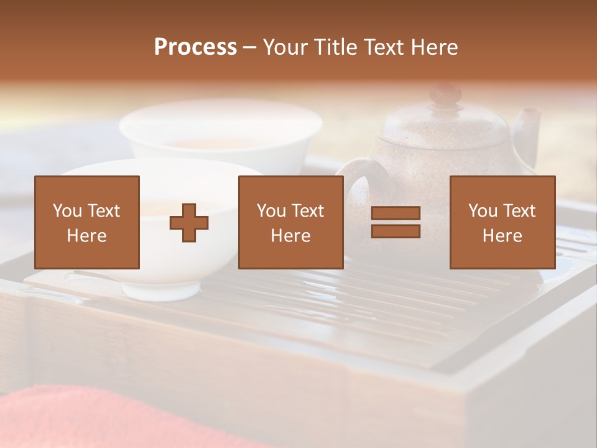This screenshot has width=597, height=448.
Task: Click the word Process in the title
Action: click(195, 47)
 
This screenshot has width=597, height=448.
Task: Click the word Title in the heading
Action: click(336, 47)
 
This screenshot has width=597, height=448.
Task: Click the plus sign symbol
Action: click(189, 223)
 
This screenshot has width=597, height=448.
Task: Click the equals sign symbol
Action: click(396, 222)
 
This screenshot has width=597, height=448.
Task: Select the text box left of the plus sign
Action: click(87, 222)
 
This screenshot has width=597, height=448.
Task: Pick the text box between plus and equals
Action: click(290, 222)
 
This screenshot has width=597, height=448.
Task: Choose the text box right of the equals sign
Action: click(502, 222)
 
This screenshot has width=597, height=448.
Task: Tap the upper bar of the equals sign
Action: click(396, 214)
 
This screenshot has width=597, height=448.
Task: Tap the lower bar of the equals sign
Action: click(396, 231)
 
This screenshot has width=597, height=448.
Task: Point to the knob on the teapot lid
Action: click(445, 95)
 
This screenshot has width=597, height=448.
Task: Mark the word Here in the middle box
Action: click(290, 236)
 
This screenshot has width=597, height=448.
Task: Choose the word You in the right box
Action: click(483, 211)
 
